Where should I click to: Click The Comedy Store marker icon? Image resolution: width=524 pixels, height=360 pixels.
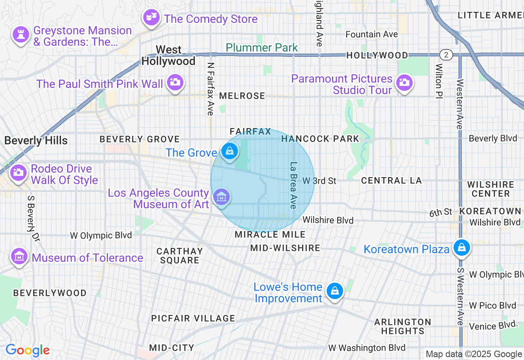151,17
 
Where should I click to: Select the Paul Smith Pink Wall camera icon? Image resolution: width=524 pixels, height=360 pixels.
175,82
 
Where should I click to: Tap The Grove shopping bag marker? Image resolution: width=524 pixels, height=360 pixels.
230,151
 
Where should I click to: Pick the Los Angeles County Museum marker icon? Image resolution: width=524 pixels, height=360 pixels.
221,197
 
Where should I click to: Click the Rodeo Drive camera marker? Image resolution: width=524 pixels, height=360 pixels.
18,172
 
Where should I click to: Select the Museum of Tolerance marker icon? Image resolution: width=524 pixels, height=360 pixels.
19,256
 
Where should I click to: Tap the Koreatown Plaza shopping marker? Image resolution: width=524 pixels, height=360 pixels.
462,248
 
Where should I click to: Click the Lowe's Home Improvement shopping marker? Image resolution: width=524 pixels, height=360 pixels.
335,291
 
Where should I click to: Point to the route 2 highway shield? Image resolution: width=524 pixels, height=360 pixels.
446,55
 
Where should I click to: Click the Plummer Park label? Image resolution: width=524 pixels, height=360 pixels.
262,47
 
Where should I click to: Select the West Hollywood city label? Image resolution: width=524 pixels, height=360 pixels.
168,56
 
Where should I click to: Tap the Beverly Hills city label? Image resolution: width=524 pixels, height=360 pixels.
36,141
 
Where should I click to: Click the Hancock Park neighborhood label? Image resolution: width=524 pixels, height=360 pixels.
320,139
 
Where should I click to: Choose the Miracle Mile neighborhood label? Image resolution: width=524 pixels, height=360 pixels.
270,234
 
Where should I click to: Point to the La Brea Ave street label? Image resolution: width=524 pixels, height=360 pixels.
294,185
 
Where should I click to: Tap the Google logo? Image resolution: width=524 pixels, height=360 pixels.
27,351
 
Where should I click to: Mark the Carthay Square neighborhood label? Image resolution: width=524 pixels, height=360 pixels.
180,256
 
